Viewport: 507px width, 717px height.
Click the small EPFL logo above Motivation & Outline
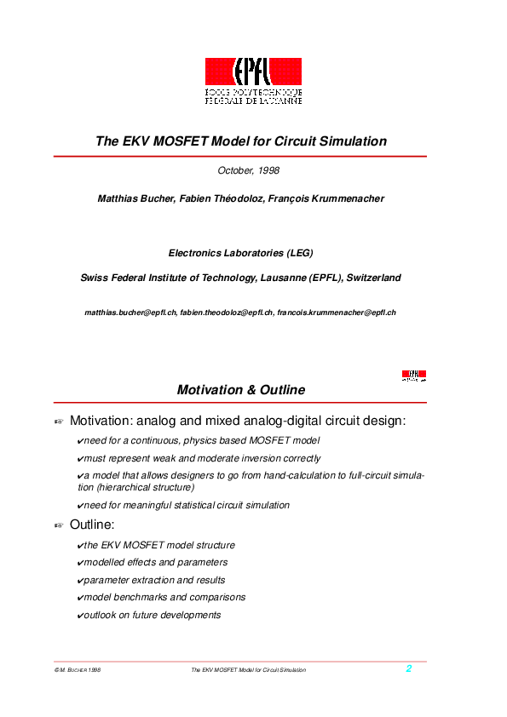[414, 375]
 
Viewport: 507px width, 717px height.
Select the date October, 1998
[249, 170]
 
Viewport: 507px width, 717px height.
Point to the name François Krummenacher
[334, 198]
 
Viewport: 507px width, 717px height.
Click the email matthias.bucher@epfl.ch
[130, 313]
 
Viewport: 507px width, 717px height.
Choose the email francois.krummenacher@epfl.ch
[337, 313]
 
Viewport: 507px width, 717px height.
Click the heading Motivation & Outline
[240, 390]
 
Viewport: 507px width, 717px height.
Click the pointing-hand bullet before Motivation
[59, 422]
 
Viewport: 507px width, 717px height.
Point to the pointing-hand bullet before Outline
[59, 525]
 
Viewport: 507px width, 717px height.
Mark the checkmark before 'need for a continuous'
[79, 440]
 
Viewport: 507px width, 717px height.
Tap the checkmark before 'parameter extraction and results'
[79, 580]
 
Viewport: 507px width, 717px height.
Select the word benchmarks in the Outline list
[140, 597]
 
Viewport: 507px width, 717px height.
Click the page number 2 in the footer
[409, 668]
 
